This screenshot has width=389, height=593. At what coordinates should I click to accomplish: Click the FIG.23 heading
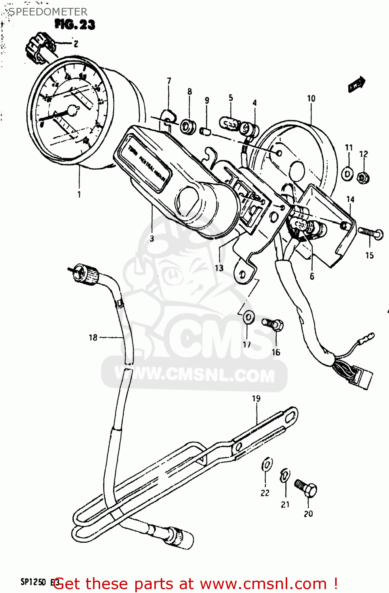pyautogui.click(x=75, y=25)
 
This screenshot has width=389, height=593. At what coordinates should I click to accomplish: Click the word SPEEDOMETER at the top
pyautogui.click(x=48, y=12)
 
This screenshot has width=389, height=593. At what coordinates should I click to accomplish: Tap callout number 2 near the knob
pyautogui.click(x=76, y=43)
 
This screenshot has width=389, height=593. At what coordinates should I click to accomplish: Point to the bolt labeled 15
pyautogui.click(x=370, y=232)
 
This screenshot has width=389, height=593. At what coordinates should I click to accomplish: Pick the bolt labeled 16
pyautogui.click(x=273, y=325)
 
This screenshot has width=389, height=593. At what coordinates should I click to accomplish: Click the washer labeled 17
pyautogui.click(x=249, y=317)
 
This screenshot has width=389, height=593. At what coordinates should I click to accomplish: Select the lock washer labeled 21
pyautogui.click(x=285, y=476)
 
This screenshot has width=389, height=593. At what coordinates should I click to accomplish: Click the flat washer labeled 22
pyautogui.click(x=267, y=465)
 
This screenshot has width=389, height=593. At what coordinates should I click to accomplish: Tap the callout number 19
pyautogui.click(x=256, y=398)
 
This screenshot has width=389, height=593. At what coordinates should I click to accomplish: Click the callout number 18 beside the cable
pyautogui.click(x=93, y=337)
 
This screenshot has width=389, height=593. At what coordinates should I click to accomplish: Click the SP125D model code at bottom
pyautogui.click(x=34, y=582)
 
